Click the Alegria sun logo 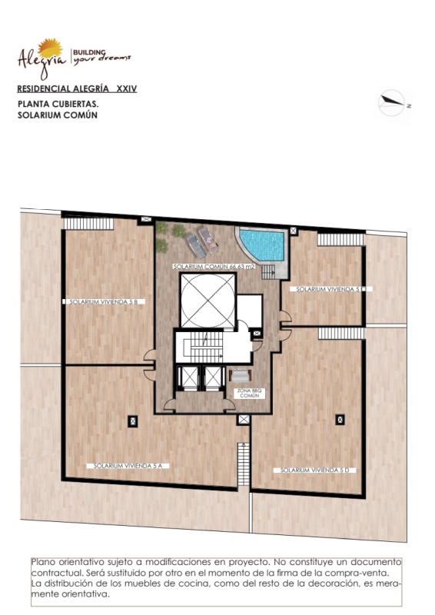coord(50,48)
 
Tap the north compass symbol coord(392,103)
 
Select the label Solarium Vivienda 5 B coord(104,302)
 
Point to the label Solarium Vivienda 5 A coord(128,466)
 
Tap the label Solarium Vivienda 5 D coord(315,470)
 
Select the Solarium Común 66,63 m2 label coord(214,267)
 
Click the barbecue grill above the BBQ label coord(240,375)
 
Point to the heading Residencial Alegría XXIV coord(78,88)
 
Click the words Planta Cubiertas coord(58,105)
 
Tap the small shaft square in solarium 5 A coord(133,421)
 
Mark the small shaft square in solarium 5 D coord(340,420)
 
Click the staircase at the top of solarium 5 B coord(88,224)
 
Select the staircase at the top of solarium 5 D coord(341,334)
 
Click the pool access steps coord(269,272)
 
